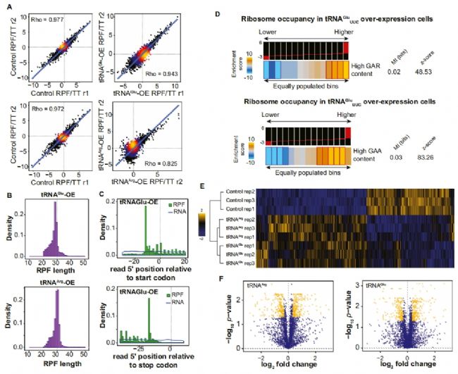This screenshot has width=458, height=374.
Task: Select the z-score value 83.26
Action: pos(436,164)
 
